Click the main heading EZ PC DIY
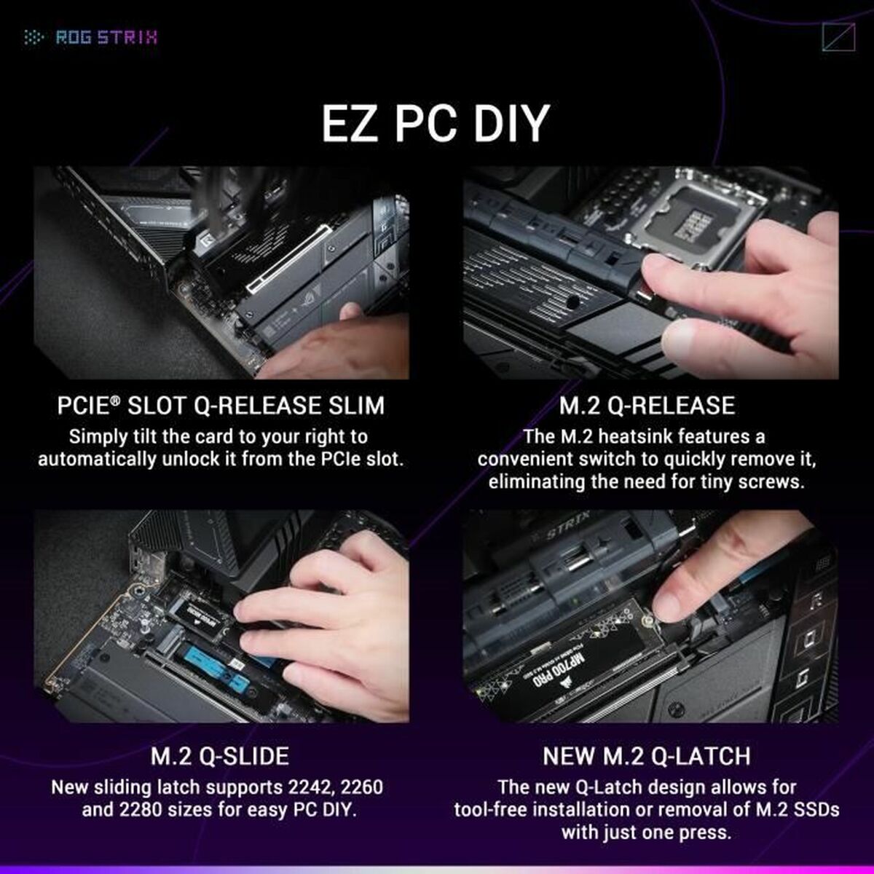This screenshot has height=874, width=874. click(436, 123)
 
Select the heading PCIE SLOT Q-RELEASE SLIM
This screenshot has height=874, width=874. click(221, 406)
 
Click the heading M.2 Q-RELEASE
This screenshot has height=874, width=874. click(647, 406)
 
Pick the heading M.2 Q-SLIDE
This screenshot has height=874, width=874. click(219, 756)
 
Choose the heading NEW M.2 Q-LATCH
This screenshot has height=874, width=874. click(647, 756)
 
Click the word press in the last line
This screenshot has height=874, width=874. click(706, 832)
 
